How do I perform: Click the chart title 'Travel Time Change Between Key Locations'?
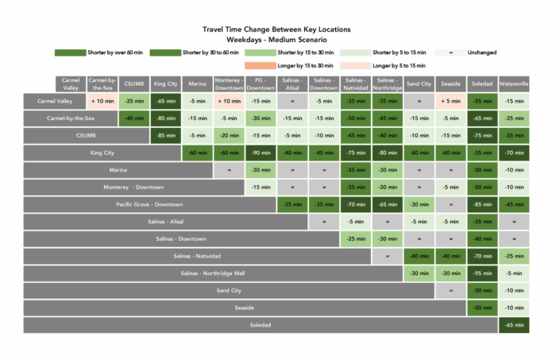pyautogui.click(x=277, y=29)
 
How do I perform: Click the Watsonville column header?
pyautogui.click(x=514, y=83)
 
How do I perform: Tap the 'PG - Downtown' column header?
pyautogui.click(x=261, y=83)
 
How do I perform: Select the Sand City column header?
pyautogui.click(x=419, y=83)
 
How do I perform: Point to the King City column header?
pyautogui.click(x=165, y=83)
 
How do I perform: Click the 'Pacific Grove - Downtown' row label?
pyautogui.click(x=149, y=204)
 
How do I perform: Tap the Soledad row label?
pyautogui.click(x=261, y=324)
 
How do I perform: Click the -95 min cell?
pyautogui.click(x=482, y=273)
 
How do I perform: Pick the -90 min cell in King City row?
pyautogui.click(x=261, y=153)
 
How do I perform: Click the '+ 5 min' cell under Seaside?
pyautogui.click(x=450, y=101)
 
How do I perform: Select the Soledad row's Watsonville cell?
pyautogui.click(x=514, y=324)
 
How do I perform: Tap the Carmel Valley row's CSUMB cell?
pyautogui.click(x=133, y=101)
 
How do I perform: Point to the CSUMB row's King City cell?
pyautogui.click(x=165, y=135)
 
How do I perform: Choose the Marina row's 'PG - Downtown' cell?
pyautogui.click(x=261, y=170)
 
